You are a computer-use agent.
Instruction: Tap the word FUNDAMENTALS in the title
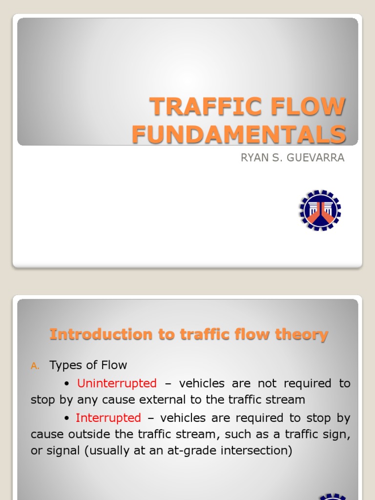tap(239, 134)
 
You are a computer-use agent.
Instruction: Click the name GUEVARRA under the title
tap(316, 158)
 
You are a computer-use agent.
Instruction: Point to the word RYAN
tap(253, 158)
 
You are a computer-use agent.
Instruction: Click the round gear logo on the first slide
tap(320, 210)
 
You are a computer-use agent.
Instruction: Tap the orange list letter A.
tap(35, 366)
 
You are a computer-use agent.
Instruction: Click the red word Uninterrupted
tap(117, 383)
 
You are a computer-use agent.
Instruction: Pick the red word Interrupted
tap(108, 418)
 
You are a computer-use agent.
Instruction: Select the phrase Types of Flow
tap(88, 365)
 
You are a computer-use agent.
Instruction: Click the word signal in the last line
tap(65, 450)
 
